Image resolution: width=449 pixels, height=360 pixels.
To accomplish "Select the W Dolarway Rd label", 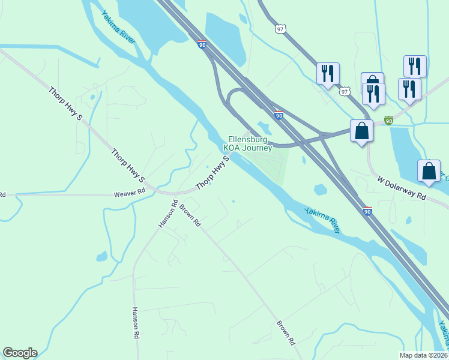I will pyautogui.click(x=402, y=188).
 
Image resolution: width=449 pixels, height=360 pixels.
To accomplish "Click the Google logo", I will pyautogui.click(x=20, y=353).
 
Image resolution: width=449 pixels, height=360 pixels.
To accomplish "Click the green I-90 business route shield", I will pyautogui.click(x=389, y=121).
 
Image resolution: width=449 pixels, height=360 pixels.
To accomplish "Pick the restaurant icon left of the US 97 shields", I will pyautogui.click(x=328, y=74).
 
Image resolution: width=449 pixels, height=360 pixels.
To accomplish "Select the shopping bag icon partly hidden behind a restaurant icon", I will pyautogui.click(x=372, y=81).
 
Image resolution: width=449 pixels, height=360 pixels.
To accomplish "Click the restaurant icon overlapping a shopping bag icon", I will pyautogui.click(x=374, y=93).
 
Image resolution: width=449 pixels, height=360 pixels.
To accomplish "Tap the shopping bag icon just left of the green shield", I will pyautogui.click(x=361, y=130).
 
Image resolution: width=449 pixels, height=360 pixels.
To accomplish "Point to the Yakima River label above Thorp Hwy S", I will pyautogui.click(x=118, y=27).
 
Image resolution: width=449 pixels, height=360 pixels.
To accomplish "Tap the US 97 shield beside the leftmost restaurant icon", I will pyautogui.click(x=344, y=91).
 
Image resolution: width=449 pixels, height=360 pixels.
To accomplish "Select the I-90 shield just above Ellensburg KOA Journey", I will pyautogui.click(x=279, y=114).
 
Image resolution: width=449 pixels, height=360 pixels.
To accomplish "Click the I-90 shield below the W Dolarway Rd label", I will pyautogui.click(x=367, y=211).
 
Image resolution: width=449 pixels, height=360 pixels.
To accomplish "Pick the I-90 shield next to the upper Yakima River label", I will pyautogui.click(x=201, y=44).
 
